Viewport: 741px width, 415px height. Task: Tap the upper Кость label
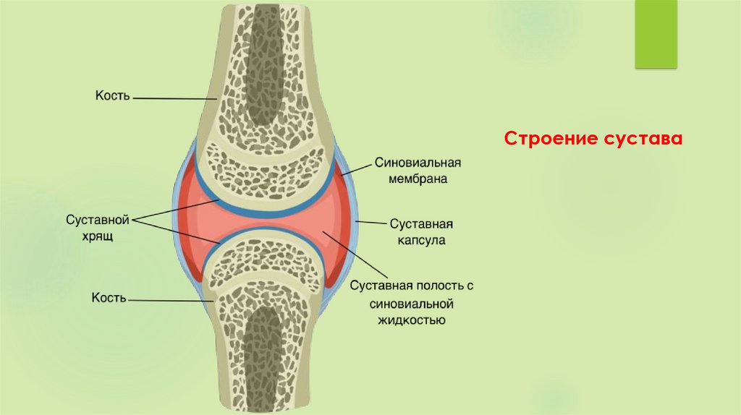point(112,95)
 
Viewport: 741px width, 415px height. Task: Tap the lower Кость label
point(110,297)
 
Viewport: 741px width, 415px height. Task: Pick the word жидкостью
point(410,319)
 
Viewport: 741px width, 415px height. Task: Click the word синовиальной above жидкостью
point(411,302)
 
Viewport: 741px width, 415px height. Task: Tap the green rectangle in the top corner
point(656,35)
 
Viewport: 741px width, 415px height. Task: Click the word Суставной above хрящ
point(97,218)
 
